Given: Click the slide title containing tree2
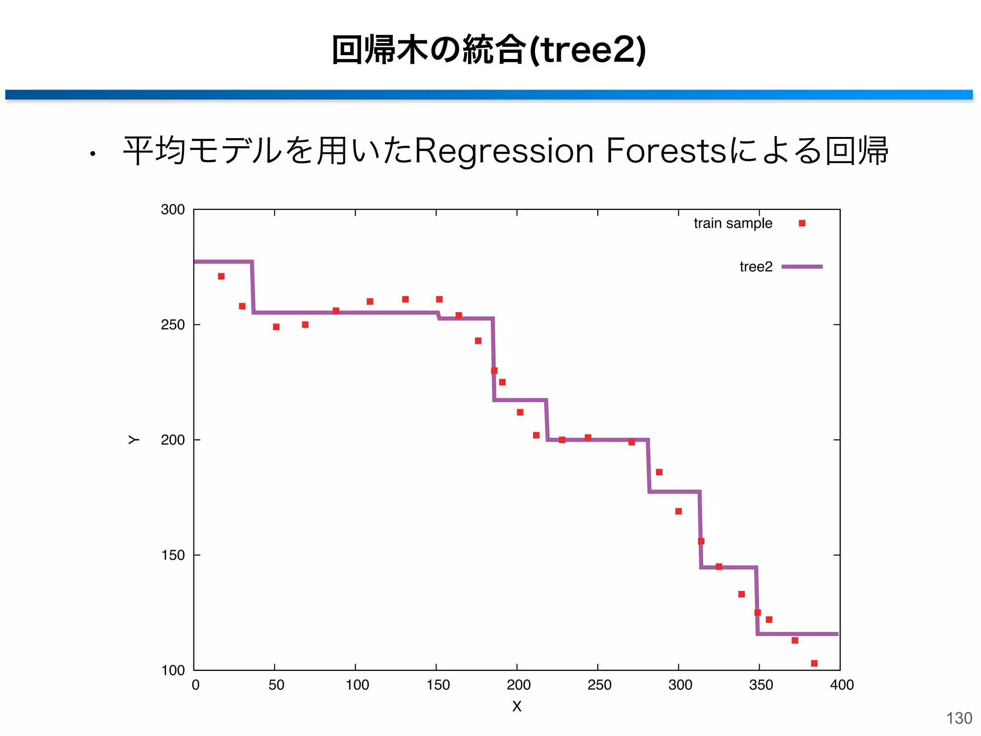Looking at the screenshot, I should (489, 49).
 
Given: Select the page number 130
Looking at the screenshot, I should (959, 718).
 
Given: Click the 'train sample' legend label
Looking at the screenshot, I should (732, 223).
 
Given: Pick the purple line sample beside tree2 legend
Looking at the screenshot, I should (802, 267).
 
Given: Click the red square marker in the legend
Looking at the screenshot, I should (802, 223).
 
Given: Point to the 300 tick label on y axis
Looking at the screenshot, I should (172, 210).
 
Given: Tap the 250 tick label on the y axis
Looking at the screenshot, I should (172, 325).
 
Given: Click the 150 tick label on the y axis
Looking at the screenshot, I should (172, 555).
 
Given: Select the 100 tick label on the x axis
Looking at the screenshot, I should (357, 685).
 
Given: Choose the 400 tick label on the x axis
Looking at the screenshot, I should (842, 685).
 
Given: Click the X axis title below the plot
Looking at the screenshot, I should (516, 706).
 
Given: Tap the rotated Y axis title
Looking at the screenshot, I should (134, 440).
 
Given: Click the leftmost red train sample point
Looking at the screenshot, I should (221, 276).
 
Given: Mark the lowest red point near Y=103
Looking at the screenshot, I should (814, 663).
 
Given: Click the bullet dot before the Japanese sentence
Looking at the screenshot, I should (92, 154).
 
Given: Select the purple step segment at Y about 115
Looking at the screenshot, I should (798, 634).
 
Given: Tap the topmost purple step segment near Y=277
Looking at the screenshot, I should (223, 262).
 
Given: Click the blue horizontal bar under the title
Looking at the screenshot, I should (489, 95).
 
